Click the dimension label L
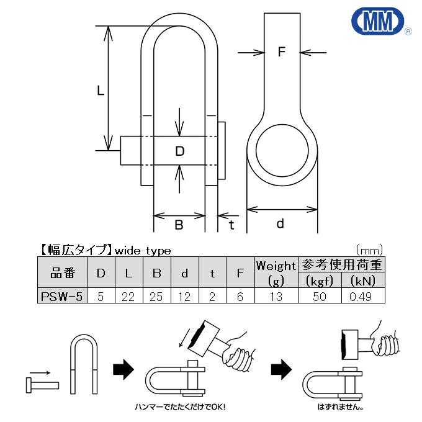click(101, 91)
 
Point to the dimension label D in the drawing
click(179, 151)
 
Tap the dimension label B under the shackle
click(179, 225)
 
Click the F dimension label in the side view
click(281, 53)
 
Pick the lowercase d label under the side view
click(281, 223)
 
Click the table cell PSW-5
click(61, 297)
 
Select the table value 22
click(128, 297)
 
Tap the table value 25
click(156, 297)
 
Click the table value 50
click(320, 297)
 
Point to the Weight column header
click(276, 266)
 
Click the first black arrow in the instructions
click(123, 370)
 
